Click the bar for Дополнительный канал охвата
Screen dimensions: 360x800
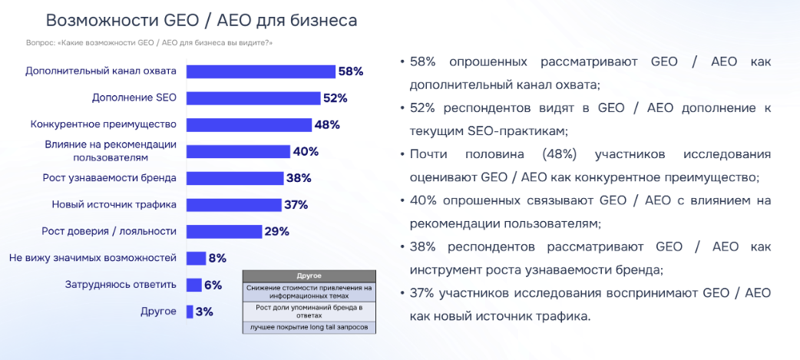pos(261,71)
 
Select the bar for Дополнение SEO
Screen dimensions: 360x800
pos(253,98)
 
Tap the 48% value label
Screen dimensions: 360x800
pos(326,124)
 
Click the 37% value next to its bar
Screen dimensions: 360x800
pos(296,205)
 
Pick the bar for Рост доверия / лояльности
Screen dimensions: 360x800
pos(225,231)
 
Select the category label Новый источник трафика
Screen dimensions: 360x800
pos(114,205)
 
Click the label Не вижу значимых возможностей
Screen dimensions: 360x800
pos(93,258)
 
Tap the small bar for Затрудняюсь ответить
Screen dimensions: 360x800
pos(193,285)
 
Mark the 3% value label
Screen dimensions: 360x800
pos(204,312)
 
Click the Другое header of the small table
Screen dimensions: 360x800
pos(309,275)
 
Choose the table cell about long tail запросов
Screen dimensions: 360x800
pos(309,328)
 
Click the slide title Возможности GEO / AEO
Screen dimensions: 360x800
pos(201,21)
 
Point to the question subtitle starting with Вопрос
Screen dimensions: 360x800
pos(149,43)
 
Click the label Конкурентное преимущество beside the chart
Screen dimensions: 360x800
pos(104,124)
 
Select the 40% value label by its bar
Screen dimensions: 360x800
pos(305,151)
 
